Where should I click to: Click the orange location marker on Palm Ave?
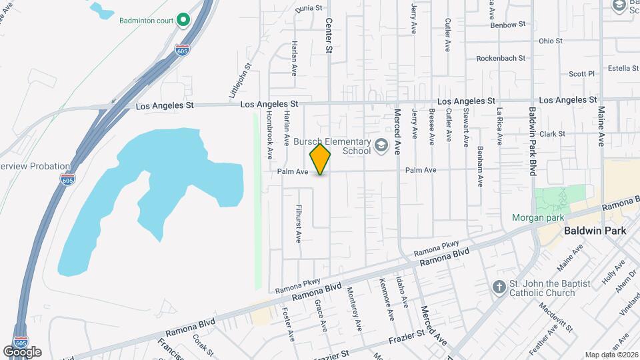(x=321, y=159)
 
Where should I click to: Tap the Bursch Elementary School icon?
(x=381, y=145)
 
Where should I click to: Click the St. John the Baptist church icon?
(x=499, y=287)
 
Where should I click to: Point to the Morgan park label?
(x=537, y=217)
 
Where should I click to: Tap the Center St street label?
(x=329, y=35)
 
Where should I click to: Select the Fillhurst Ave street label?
(x=299, y=223)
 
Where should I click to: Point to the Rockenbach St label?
(x=505, y=58)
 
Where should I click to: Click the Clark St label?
(x=552, y=133)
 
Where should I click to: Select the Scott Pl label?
(x=581, y=74)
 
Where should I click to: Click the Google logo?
(x=22, y=351)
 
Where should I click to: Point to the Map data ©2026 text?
(x=611, y=354)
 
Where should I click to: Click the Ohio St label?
(x=551, y=41)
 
